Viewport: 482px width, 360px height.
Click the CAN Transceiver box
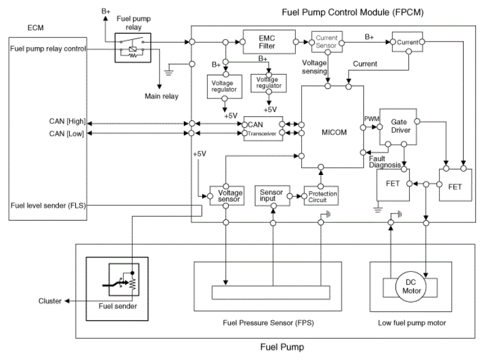[x=263, y=129]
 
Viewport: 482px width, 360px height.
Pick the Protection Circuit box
[x=321, y=195]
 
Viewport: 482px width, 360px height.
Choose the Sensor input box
[x=272, y=195]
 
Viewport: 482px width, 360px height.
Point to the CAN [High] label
[x=68, y=122]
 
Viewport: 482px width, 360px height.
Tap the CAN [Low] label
[x=68, y=133]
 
